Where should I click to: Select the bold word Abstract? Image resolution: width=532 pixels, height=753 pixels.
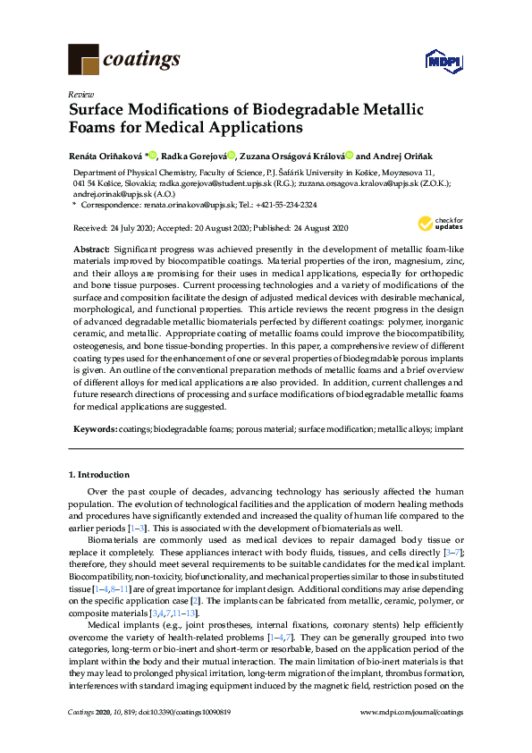pyautogui.click(x=92, y=246)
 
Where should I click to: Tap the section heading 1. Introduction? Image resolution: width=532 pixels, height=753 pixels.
pyautogui.click(x=99, y=474)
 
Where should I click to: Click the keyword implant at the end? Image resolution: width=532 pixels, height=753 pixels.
pyautogui.click(x=449, y=429)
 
